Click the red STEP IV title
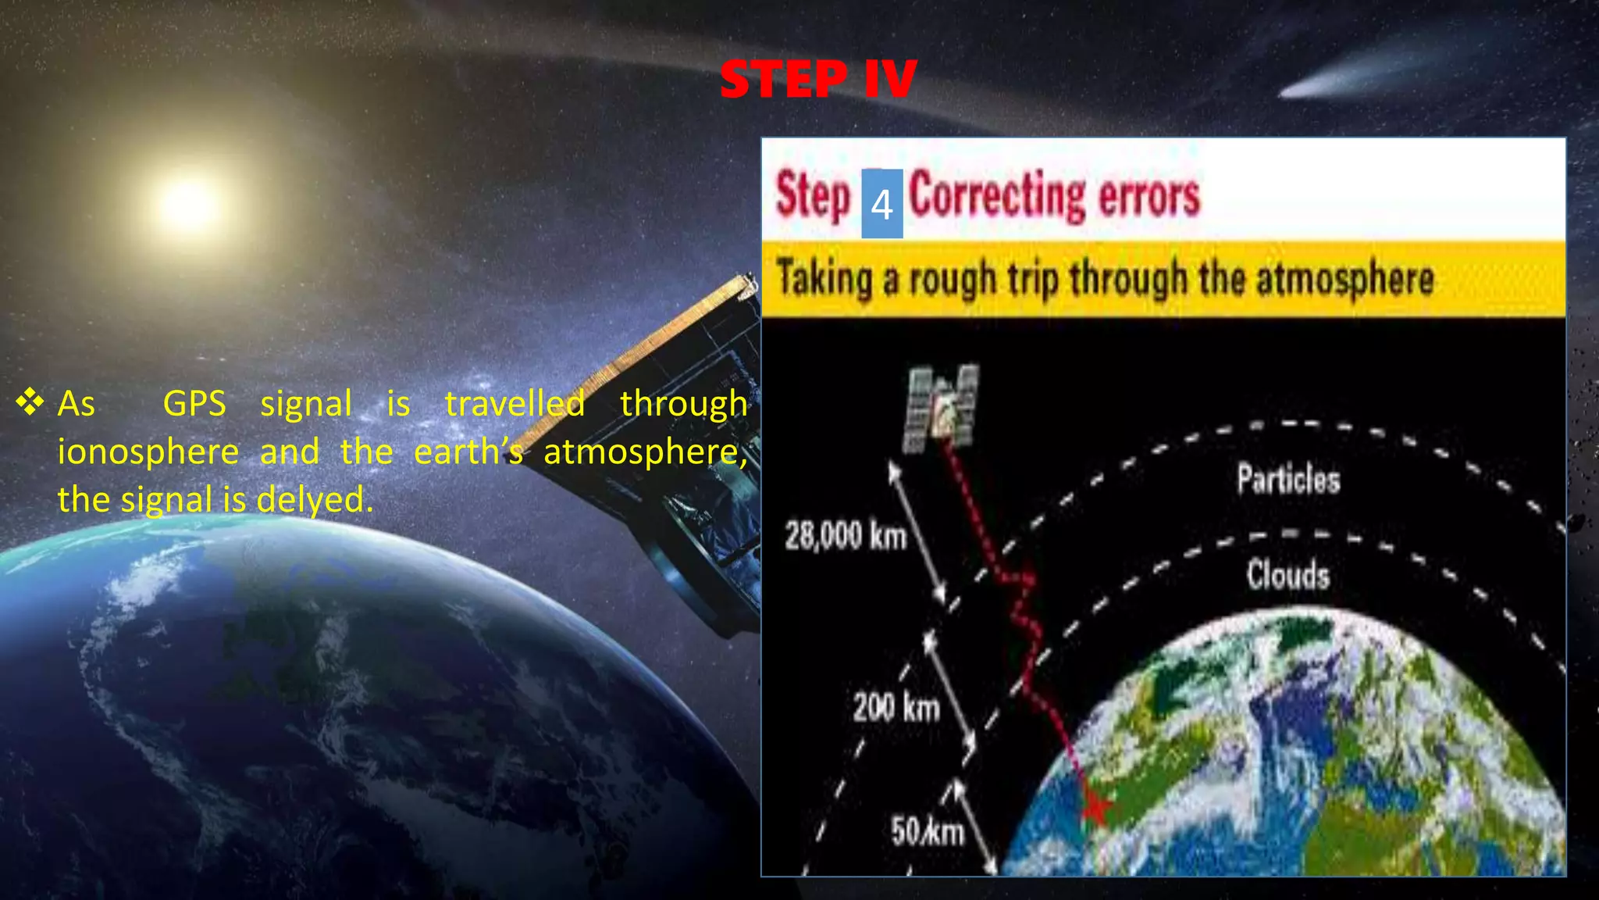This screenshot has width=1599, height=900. [817, 79]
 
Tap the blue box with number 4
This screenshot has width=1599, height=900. [881, 204]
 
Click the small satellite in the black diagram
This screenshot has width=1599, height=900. [942, 406]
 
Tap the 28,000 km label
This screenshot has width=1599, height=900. [845, 537]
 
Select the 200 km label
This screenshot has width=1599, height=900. [896, 707]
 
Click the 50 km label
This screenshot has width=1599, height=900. [927, 831]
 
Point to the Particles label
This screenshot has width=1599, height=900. [1288, 479]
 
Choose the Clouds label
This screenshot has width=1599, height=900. [1287, 575]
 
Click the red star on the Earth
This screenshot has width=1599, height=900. [1095, 809]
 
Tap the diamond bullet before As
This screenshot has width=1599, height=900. [30, 402]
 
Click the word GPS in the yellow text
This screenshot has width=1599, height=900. [194, 404]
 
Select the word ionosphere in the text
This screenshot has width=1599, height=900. [148, 452]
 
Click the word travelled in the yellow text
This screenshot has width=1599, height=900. [514, 404]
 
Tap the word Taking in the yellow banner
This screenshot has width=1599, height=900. [824, 279]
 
